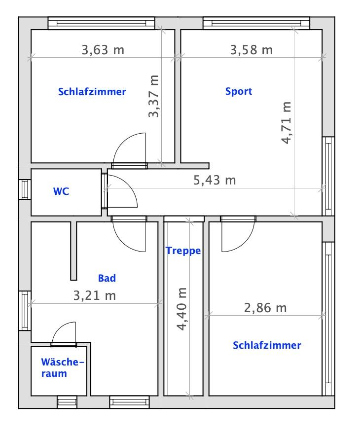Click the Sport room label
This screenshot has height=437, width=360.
pos(239,91)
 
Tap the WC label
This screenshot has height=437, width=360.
pos(61,191)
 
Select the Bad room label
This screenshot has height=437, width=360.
pos(107,278)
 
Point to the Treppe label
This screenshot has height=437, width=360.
pos(183,251)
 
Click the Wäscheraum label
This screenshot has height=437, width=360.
pos(63,367)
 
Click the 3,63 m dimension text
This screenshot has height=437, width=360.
pos(103,50)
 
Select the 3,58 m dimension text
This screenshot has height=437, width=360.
pos(252,50)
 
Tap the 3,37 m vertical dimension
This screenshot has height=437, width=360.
pos(153,96)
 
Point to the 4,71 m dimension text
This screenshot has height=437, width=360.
pos(286,123)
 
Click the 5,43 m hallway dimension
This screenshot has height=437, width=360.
pos(215,180)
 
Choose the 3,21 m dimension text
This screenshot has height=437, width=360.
pos(95,295)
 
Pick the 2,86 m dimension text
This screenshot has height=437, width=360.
pos(265,308)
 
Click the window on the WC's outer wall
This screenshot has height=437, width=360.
pos(25,189)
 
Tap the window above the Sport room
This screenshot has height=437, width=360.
pos(256,23)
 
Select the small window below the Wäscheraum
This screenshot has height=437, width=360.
pos(67,402)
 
